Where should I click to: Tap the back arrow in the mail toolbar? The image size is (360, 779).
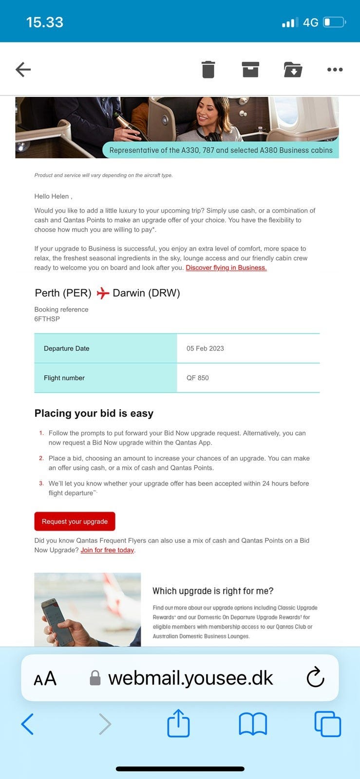tap(23, 70)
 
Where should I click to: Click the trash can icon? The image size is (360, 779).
tap(208, 70)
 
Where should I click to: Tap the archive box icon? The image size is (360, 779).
tap(250, 70)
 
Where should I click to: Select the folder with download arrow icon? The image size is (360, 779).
tap(293, 70)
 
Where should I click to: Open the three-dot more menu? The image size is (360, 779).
tap(335, 70)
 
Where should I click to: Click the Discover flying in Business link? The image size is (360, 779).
tap(226, 268)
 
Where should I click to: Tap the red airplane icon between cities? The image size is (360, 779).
tap(102, 293)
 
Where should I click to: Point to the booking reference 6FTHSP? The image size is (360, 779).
tap(47, 319)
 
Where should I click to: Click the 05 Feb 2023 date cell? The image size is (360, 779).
tap(205, 349)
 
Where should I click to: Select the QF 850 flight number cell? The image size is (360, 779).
tap(198, 378)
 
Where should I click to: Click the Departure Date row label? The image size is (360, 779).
tap(67, 349)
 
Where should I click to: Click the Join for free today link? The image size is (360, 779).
tap(107, 550)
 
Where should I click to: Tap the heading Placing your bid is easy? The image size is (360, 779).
tap(94, 413)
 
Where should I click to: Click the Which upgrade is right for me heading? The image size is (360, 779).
tap(213, 591)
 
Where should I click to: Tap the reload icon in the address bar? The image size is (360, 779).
tap(315, 677)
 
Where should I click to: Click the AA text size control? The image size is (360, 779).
tap(45, 678)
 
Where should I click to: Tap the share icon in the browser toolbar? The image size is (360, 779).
tap(178, 723)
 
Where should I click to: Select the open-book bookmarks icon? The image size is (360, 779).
tap(253, 724)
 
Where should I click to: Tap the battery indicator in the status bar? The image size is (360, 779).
tap(335, 22)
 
